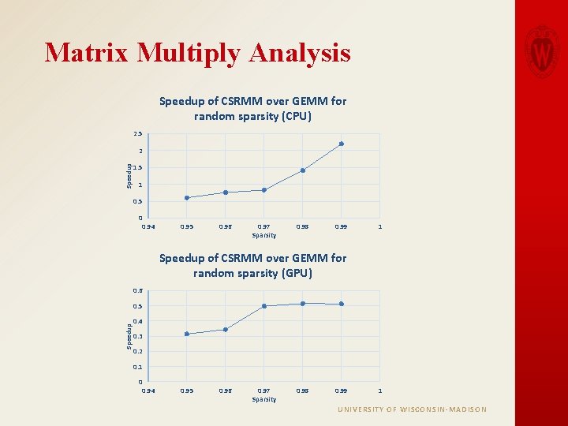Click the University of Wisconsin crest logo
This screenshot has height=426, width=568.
(542, 50)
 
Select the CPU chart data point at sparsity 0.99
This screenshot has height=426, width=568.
(342, 144)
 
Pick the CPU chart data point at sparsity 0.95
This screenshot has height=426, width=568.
(187, 198)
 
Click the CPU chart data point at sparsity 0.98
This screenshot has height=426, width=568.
(303, 170)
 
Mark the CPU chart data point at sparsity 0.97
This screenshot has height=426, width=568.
(264, 190)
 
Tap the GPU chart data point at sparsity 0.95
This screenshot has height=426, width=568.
(187, 334)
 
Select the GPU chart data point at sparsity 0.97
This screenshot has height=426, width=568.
(264, 306)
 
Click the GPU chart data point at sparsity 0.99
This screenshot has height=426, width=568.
(342, 304)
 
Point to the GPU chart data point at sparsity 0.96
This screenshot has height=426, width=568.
(226, 330)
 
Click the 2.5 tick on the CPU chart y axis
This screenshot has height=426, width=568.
(137, 134)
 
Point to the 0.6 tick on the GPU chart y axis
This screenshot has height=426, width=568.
(137, 291)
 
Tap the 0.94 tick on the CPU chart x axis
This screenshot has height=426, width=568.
(148, 227)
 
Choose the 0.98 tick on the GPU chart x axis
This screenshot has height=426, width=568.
(303, 391)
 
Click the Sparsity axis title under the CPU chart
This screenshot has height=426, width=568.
(264, 235)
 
